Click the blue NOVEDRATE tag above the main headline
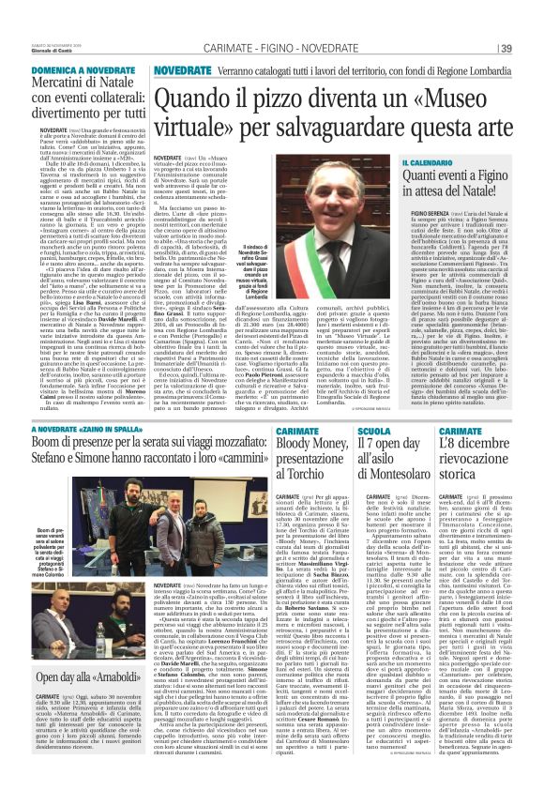click(183, 70)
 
